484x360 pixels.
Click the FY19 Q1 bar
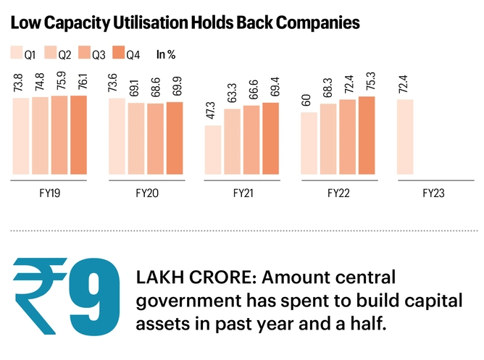(21, 136)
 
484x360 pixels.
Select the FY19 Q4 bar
(78, 135)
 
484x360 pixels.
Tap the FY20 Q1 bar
(116, 136)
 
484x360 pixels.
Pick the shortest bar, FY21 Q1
(212, 150)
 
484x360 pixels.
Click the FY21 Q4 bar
(270, 138)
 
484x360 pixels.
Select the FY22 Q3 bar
(347, 137)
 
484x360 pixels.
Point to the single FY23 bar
(404, 137)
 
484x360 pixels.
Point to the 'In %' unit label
(166, 54)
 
